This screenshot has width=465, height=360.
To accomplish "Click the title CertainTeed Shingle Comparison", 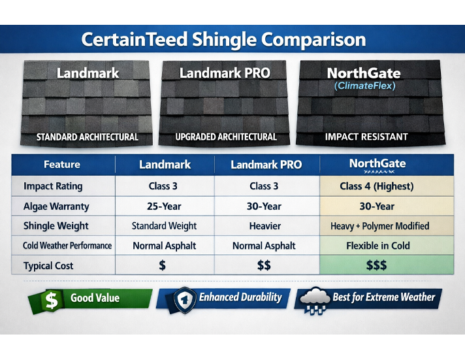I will click(x=223, y=39).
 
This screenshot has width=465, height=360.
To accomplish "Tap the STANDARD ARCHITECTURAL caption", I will click(x=87, y=137).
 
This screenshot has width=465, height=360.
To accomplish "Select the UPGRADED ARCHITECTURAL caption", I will click(x=226, y=137).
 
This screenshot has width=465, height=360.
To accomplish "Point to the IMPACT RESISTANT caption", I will click(x=366, y=137).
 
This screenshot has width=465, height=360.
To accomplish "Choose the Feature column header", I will click(x=62, y=164).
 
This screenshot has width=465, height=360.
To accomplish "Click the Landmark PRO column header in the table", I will click(x=266, y=165).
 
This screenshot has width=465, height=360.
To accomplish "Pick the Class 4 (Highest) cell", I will click(x=376, y=186).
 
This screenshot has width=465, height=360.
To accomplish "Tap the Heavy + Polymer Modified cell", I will click(x=379, y=226).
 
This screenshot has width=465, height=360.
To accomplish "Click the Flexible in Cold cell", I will click(x=376, y=246).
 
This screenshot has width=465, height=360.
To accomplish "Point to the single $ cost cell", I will click(x=162, y=266).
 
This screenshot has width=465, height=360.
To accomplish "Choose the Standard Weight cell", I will click(x=164, y=226).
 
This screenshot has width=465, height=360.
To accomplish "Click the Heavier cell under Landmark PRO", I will click(x=265, y=226).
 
